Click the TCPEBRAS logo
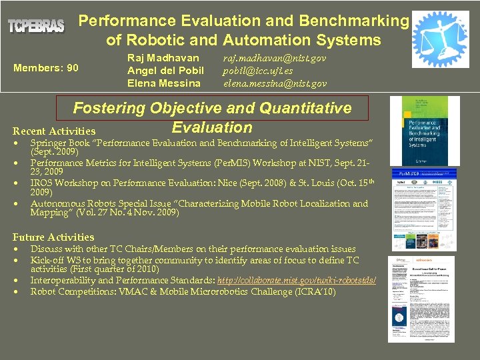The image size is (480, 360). [x=36, y=27]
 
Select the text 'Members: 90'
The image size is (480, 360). [x=45, y=68]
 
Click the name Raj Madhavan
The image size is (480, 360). [x=163, y=58]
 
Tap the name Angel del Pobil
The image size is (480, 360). [x=165, y=71]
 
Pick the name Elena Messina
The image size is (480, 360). [x=163, y=83]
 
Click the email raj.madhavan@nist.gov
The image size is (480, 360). [x=275, y=59]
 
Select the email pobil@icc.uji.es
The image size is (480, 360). [x=257, y=71]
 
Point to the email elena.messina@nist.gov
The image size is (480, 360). [x=275, y=83]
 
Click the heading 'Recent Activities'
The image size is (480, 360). [x=54, y=131]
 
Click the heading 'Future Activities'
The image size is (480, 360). [x=53, y=237]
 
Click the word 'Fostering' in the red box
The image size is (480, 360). [x=109, y=108]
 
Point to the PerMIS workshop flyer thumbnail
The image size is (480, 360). [x=424, y=209]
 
